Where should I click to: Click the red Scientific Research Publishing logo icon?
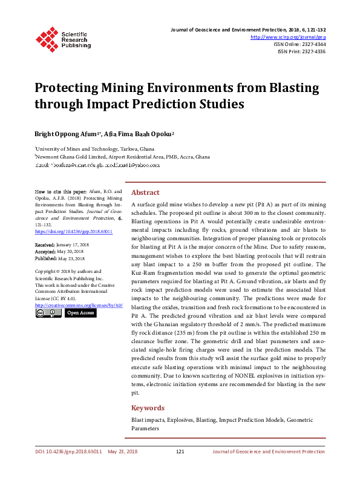click(x=47, y=38)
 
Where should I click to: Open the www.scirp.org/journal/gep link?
click(x=288, y=36)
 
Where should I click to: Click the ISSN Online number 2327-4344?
click(x=312, y=44)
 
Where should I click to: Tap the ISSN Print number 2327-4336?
click(x=312, y=52)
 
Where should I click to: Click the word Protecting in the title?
click(x=67, y=88)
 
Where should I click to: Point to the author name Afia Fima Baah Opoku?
click(x=139, y=133)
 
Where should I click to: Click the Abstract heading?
click(x=145, y=192)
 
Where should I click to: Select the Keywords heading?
click(x=148, y=408)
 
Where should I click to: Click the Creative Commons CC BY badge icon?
click(x=48, y=313)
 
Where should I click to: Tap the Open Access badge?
click(x=80, y=313)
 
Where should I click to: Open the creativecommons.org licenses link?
click(x=79, y=305)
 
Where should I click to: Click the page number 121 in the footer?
click(x=180, y=451)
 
